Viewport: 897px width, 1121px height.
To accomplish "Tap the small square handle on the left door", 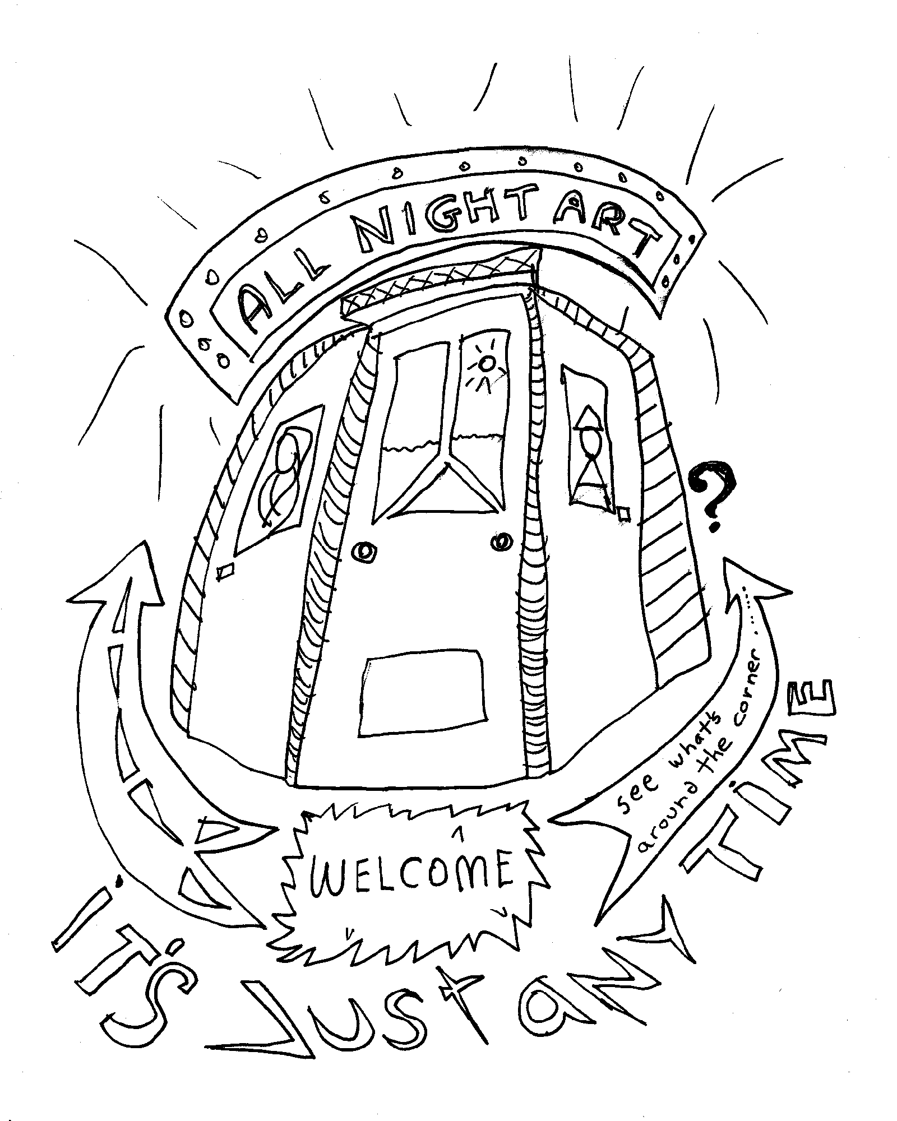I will (226, 571).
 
